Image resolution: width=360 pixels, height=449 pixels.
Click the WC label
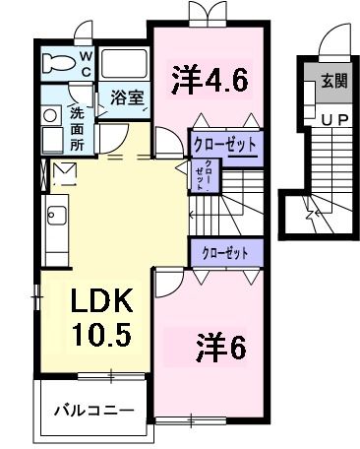click(86, 64)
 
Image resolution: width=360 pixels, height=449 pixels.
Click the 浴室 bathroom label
click(126, 98)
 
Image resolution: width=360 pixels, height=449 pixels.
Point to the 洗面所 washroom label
click(77, 127)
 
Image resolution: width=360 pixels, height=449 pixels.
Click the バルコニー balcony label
click(92, 407)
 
